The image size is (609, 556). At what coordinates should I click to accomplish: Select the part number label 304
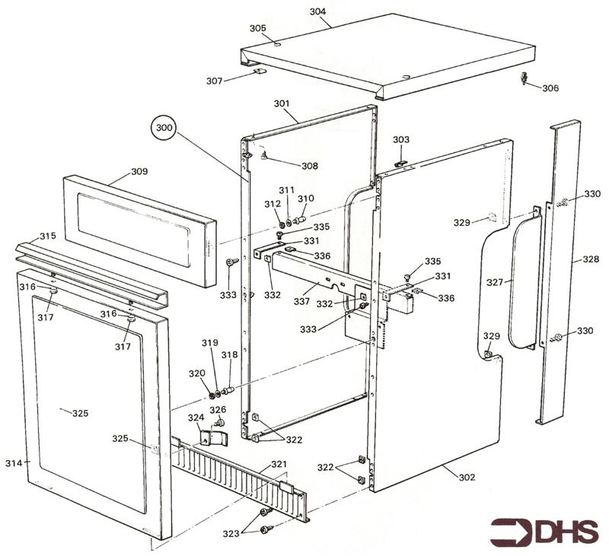click(318, 12)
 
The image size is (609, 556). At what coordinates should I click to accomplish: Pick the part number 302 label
click(467, 477)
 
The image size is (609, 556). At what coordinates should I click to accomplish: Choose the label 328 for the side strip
click(591, 259)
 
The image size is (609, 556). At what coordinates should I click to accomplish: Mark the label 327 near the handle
click(495, 281)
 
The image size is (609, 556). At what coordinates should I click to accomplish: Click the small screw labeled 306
click(525, 78)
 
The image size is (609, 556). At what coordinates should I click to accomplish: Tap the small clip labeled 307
click(259, 73)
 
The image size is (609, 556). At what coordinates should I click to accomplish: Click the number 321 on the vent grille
click(279, 464)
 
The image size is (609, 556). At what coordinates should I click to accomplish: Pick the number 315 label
click(48, 237)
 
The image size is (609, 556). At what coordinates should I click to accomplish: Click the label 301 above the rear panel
click(282, 103)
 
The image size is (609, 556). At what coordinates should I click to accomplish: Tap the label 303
click(400, 140)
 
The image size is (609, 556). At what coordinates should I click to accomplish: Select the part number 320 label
click(197, 373)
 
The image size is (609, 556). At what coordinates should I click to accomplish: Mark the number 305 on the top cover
click(258, 28)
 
